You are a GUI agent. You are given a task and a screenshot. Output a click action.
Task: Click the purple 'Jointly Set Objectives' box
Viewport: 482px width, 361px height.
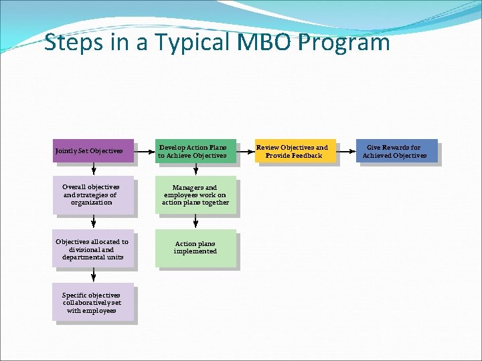click(93, 151)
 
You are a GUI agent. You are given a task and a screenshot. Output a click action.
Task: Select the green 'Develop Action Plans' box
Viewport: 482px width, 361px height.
click(195, 151)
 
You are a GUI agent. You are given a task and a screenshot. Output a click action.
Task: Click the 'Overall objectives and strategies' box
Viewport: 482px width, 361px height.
click(93, 195)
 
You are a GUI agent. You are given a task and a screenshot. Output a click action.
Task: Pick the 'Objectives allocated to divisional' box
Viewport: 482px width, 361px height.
click(93, 249)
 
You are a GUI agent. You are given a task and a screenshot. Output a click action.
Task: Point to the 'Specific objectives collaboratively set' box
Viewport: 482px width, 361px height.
click(93, 302)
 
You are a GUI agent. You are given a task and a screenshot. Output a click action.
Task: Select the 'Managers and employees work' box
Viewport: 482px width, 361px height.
click(195, 195)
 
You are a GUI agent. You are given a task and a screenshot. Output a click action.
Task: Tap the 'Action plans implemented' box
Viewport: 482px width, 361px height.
click(195, 249)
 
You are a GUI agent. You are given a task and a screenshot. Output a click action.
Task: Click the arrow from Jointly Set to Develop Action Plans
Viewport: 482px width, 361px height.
click(145, 151)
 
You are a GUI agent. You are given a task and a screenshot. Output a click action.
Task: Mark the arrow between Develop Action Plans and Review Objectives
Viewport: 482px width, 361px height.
click(246, 151)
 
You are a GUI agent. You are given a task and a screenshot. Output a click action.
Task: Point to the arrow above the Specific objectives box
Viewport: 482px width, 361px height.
click(94, 275)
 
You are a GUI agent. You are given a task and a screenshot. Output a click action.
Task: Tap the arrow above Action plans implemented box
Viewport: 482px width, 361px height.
click(195, 222)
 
